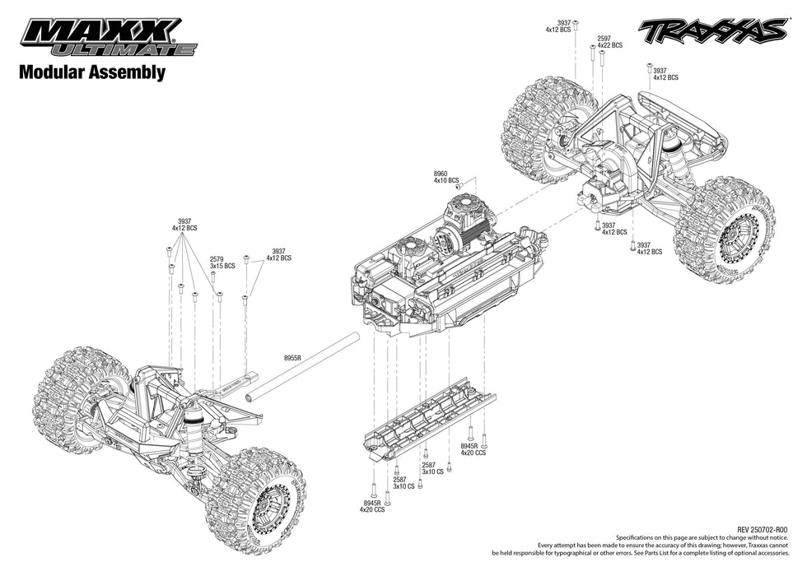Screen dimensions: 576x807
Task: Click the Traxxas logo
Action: [711, 32]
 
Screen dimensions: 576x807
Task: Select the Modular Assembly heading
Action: [92, 72]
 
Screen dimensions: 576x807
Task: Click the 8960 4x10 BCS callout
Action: [445, 177]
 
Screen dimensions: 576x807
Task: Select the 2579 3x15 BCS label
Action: [222, 262]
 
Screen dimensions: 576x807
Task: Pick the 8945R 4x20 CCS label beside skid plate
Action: [474, 449]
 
